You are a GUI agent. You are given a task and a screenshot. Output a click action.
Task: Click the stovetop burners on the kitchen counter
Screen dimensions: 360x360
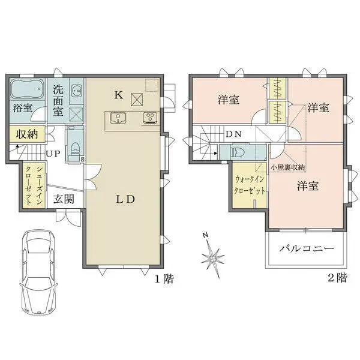point(149,118)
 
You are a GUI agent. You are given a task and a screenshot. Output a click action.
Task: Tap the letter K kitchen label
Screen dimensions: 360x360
point(119,94)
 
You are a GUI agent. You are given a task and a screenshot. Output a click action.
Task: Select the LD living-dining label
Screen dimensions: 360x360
point(124,199)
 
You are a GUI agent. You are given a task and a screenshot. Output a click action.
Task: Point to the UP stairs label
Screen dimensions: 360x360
point(53,154)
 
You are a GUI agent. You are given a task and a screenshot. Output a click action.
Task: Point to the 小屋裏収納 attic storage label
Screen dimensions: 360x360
point(288,167)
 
